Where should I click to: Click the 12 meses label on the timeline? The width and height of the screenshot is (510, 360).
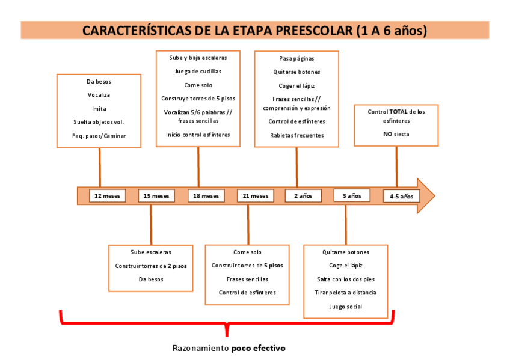pos(108,196)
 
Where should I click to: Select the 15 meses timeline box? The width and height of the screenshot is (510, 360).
pos(156,196)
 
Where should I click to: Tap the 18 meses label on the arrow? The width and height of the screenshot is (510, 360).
pos(206,196)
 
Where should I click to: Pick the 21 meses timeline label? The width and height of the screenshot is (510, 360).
pos(256,196)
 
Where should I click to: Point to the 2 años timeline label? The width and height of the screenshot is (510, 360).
pos(303,196)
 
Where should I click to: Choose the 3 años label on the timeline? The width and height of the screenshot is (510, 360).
pos(352,195)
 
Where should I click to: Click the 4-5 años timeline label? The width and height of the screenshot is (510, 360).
pos(401,196)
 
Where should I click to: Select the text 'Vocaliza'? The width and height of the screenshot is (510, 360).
pos(99,95)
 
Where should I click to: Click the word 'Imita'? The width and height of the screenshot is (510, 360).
pos(99,109)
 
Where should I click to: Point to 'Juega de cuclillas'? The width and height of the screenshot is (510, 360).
pos(198,71)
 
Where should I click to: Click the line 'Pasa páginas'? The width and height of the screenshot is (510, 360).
pos(296,59)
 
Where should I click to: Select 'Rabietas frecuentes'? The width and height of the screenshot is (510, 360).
pos(296,135)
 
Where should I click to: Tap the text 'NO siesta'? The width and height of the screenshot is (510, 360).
pos(396,134)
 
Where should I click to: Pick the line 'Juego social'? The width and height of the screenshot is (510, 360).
pos(346,307)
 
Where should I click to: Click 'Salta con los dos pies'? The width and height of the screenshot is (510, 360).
pos(346,279)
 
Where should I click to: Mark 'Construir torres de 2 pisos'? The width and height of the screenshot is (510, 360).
pos(151,266)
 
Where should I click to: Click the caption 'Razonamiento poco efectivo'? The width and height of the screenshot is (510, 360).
pos(229,348)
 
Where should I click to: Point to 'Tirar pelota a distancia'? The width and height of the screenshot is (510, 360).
pos(346,293)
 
